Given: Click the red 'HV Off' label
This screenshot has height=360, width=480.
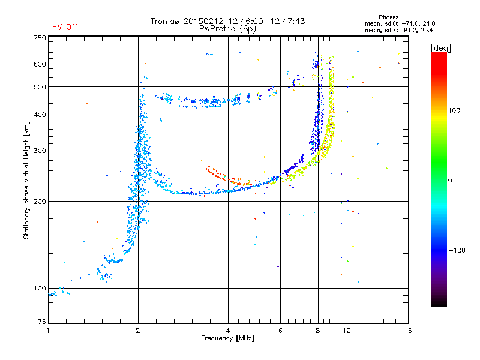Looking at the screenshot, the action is (65, 27).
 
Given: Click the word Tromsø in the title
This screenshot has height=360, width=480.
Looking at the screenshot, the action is (165, 21).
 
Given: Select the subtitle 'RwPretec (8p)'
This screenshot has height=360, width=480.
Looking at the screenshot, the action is (227, 29).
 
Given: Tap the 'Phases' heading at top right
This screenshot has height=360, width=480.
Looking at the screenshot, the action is (388, 17).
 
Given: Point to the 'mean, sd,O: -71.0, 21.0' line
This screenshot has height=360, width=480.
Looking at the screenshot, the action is (400, 23).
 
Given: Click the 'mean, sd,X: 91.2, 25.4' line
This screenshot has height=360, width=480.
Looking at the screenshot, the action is (399, 30).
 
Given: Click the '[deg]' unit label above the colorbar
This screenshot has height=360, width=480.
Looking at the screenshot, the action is (440, 49).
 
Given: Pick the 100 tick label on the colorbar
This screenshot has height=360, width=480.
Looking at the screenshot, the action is (454, 110).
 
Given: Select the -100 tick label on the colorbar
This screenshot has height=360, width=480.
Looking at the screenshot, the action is (457, 250).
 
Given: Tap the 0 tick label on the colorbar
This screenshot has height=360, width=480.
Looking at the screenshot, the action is (450, 181).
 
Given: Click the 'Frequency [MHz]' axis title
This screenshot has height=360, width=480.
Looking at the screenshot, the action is (227, 338).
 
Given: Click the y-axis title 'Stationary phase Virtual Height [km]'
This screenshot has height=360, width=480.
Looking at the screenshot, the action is (26, 181).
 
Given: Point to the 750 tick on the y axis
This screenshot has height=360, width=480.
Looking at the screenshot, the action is (40, 38).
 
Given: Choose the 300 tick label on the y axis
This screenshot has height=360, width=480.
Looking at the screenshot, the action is (40, 151).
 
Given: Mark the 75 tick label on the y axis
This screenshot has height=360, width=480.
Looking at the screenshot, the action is (42, 322).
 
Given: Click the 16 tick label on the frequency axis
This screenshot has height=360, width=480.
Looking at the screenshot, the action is (408, 331).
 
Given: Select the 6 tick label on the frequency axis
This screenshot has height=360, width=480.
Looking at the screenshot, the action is (280, 331).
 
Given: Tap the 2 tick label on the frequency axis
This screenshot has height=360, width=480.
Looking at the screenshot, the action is (138, 331).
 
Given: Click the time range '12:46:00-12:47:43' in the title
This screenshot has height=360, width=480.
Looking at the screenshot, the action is (266, 21).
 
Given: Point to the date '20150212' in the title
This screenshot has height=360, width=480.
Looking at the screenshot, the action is (203, 21).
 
